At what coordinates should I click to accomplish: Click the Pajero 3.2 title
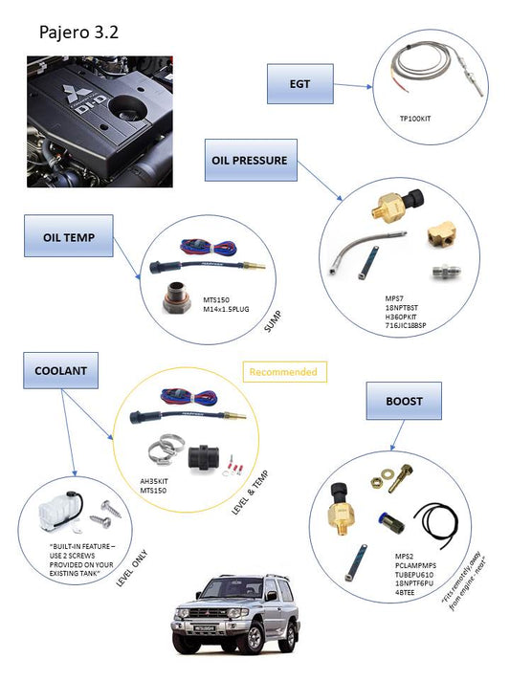[x=78, y=33]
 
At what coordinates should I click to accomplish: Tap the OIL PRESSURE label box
[x=249, y=161]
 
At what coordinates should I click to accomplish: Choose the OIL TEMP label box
[x=69, y=237]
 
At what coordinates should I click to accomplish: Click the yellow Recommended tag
[x=282, y=371]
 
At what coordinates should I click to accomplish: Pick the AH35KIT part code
[x=156, y=480]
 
